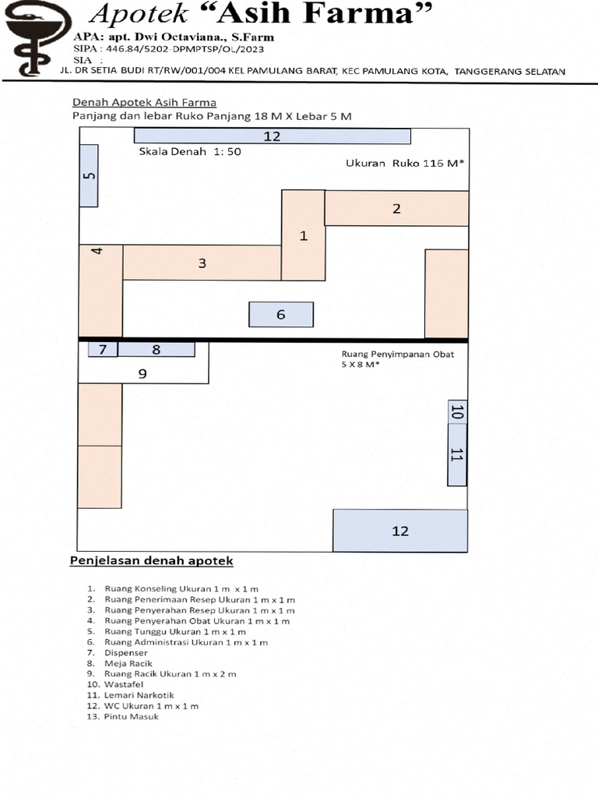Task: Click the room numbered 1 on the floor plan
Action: [x=304, y=235]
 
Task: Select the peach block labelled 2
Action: [x=396, y=208]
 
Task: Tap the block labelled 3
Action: [x=202, y=263]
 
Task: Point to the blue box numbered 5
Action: [x=89, y=175]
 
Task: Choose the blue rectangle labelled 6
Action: [x=281, y=315]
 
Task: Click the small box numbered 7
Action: [x=103, y=350]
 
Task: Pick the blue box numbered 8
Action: [x=156, y=350]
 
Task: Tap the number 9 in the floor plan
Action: [x=142, y=373]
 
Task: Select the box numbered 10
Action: [x=457, y=411]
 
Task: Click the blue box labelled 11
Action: [x=457, y=455]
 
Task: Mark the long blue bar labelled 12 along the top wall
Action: [x=272, y=136]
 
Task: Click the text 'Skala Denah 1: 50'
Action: [x=190, y=151]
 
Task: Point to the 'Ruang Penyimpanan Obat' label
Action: [x=398, y=355]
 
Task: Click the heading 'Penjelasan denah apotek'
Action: [x=152, y=561]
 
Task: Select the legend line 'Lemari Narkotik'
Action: [x=139, y=695]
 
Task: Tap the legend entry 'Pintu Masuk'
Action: [x=131, y=717]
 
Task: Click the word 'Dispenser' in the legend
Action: [x=125, y=653]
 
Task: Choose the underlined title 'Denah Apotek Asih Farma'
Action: [x=144, y=102]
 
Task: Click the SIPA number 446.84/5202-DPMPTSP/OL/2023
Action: [x=185, y=49]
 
